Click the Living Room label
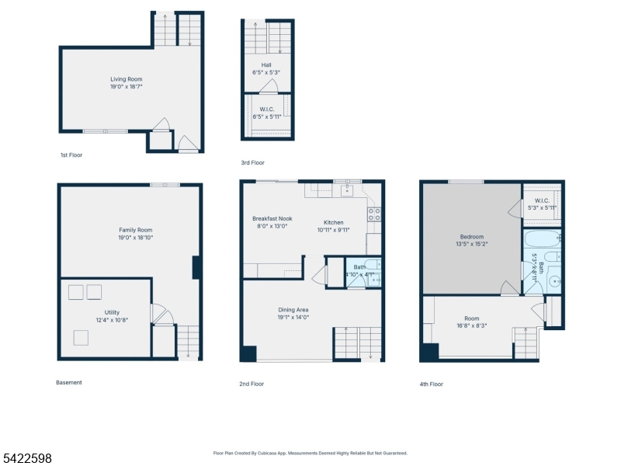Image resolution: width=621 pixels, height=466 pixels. point(126,79)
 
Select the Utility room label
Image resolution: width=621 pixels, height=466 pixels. point(112,312)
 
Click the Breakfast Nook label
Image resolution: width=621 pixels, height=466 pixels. point(272,219)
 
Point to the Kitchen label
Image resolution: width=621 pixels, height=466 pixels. point(333,222)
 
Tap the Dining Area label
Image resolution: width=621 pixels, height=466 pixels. point(293,310)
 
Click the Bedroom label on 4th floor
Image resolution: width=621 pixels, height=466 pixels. point(471,237)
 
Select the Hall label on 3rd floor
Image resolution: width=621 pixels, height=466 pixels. point(265,64)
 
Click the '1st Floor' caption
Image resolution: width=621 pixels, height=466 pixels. point(71,155)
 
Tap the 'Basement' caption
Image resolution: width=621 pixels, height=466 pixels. point(69,382)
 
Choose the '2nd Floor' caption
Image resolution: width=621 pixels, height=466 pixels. point(252,384)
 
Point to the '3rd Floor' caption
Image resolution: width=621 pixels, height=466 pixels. point(252,163)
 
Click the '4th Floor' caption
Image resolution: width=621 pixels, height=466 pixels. point(432,384)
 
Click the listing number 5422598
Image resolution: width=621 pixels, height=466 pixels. point(26,459)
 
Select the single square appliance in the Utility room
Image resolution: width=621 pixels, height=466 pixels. point(81,337)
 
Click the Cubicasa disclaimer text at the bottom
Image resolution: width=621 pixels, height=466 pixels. point(310,453)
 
